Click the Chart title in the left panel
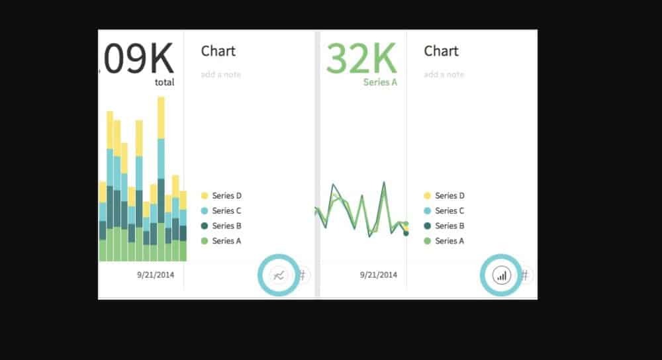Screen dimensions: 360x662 tap(218, 51)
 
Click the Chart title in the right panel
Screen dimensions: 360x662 tap(441, 51)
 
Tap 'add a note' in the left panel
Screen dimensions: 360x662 tap(220, 75)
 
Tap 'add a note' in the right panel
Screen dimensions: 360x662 tap(444, 75)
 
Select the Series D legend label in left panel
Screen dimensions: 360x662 tap(227, 196)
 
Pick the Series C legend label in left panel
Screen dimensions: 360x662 tap(227, 211)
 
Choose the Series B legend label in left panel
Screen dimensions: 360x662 tap(227, 226)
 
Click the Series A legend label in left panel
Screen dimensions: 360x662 tap(227, 241)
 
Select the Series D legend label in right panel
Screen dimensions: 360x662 tap(449, 196)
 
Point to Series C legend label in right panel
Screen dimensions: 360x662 tap(449, 211)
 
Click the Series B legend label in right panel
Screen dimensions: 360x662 tap(449, 226)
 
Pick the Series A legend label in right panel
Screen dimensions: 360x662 tap(449, 241)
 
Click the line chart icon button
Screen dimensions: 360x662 tap(279, 275)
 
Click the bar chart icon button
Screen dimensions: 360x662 tap(502, 275)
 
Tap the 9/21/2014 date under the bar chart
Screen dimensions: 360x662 tap(156, 275)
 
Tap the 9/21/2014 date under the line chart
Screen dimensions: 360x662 tap(379, 275)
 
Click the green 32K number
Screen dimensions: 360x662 tap(361, 59)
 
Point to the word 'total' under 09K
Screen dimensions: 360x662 tap(164, 83)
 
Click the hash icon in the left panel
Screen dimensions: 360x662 tap(303, 275)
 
